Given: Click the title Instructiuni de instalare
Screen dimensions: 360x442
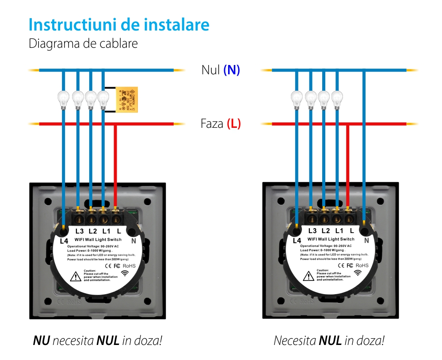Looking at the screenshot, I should click(x=118, y=25).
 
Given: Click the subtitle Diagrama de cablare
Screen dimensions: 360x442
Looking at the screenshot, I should click(x=83, y=44).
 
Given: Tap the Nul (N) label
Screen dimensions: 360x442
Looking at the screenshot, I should click(x=221, y=70).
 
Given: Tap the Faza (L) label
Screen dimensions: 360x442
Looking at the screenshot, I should click(x=221, y=123).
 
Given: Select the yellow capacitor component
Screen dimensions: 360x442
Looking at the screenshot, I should click(x=127, y=99).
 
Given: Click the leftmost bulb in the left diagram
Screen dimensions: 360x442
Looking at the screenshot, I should click(x=65, y=99).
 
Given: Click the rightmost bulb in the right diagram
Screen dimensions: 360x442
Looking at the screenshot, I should click(x=337, y=99).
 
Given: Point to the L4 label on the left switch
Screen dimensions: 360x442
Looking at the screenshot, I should click(x=64, y=241).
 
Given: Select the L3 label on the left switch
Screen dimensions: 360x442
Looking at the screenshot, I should click(x=80, y=231).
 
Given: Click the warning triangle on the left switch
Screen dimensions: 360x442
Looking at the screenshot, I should click(x=75, y=276).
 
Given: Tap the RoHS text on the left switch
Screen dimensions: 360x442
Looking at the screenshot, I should click(x=129, y=265).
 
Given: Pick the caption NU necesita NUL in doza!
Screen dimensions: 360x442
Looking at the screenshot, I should click(x=97, y=341).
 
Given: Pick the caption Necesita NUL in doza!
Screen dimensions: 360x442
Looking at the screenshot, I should click(x=329, y=341).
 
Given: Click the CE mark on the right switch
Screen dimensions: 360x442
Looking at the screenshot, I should click(x=341, y=265).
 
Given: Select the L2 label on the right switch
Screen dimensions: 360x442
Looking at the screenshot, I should click(x=326, y=230).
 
